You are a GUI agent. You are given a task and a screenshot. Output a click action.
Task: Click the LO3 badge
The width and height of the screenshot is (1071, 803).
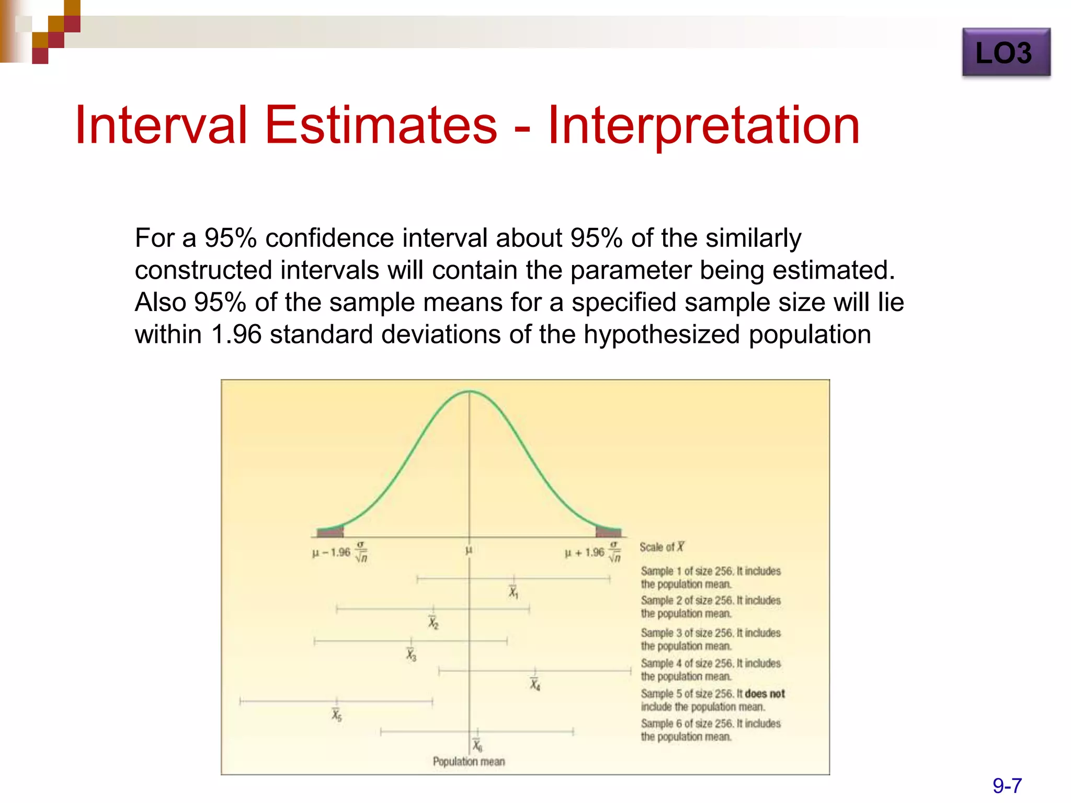click(1006, 53)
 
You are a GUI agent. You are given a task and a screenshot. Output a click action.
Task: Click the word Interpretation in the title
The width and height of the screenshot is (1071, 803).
click(703, 125)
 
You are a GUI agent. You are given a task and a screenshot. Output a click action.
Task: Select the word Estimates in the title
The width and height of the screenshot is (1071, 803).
click(381, 125)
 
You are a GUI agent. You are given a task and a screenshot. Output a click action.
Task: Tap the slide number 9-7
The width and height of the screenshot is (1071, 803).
click(1007, 785)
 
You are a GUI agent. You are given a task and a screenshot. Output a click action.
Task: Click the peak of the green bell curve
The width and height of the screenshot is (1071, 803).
click(469, 392)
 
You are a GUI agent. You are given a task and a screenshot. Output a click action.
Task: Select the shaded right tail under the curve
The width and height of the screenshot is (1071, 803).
click(608, 532)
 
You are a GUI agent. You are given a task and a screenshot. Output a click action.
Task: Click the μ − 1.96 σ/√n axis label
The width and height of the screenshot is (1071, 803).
click(340, 552)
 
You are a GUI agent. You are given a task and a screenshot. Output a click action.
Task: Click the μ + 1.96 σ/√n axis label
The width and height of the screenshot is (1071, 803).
click(593, 552)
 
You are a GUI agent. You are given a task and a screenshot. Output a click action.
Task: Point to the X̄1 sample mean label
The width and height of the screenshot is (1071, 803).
click(514, 592)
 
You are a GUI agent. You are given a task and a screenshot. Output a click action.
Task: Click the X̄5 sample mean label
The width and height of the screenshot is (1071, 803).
click(337, 715)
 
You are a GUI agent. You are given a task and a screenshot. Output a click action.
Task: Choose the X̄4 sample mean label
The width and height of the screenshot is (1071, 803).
click(534, 684)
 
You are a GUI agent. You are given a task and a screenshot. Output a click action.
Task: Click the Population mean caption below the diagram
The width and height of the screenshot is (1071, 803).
click(469, 762)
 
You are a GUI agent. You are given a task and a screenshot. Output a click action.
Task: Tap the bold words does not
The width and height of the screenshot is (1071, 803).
click(765, 694)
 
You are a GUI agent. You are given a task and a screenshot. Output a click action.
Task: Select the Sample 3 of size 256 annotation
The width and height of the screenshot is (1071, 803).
click(710, 639)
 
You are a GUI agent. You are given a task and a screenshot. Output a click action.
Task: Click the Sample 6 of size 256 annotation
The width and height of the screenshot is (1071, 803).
click(710, 730)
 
